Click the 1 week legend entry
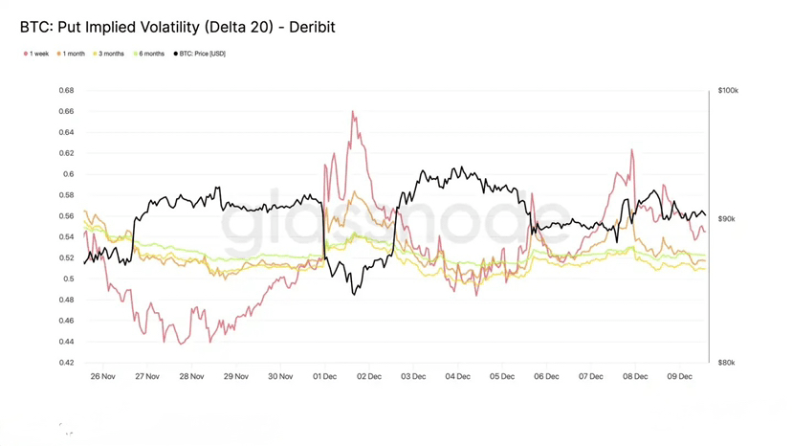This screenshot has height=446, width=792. [x=36, y=54]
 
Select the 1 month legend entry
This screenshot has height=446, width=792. [x=72, y=54]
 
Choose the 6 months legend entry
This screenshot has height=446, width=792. [x=149, y=54]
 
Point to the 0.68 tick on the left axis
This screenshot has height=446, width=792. [x=66, y=91]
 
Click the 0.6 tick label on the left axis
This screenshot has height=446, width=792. [x=68, y=174]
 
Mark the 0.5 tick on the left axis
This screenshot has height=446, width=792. [x=68, y=279]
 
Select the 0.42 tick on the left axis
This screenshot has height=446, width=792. [x=66, y=363]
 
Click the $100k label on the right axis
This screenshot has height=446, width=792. [x=728, y=91]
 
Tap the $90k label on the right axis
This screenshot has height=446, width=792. [x=727, y=219]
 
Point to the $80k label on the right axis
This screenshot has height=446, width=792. [x=727, y=363]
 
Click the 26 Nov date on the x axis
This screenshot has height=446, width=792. [x=102, y=377]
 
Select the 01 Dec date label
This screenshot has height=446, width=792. [x=324, y=377]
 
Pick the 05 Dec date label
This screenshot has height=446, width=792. [x=502, y=377]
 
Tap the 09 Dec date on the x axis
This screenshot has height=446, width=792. [x=679, y=377]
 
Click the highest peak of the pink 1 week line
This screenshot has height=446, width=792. [x=353, y=112]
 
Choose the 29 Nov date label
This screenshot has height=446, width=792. [x=235, y=377]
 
